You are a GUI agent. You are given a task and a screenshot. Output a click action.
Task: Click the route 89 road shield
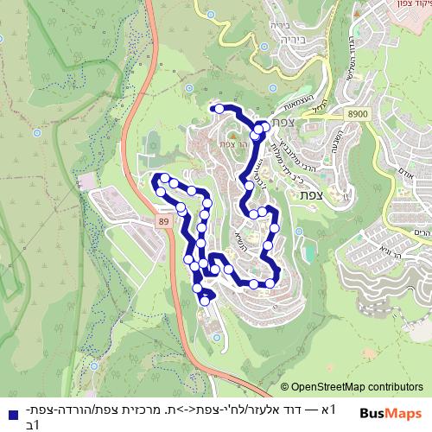tap(162, 223)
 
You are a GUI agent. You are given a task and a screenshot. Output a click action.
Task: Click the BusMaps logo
tap(391, 413)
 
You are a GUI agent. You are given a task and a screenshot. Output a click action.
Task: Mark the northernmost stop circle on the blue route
tap(219, 109)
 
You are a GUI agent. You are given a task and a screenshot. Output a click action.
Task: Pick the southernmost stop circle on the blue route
tap(205, 301)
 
